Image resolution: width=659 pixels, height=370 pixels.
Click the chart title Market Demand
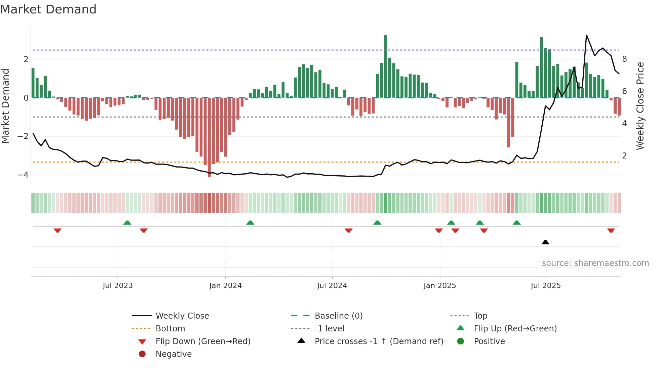pyautogui.click(x=48, y=9)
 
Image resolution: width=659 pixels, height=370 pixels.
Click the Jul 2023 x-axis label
pyautogui.click(x=118, y=286)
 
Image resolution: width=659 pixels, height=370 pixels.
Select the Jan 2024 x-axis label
pyautogui.click(x=225, y=286)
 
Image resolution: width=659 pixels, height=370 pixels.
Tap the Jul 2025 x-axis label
pyautogui.click(x=546, y=286)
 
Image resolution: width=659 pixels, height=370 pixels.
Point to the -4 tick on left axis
pyautogui.click(x=23, y=175)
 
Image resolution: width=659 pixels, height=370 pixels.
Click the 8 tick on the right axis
pyautogui.click(x=624, y=59)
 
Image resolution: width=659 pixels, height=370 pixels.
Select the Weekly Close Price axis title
pyautogui.click(x=640, y=106)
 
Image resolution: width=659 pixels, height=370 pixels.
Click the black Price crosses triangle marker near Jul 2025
pyautogui.click(x=545, y=242)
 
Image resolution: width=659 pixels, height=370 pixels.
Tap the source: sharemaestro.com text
pyautogui.click(x=595, y=263)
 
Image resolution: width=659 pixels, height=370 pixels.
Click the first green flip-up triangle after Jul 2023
pyautogui.click(x=127, y=223)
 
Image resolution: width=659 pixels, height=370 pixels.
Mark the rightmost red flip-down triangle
pyautogui.click(x=611, y=230)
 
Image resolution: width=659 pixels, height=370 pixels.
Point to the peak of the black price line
pyautogui.click(x=586, y=35)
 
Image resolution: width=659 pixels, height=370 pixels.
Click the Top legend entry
pyautogui.click(x=480, y=316)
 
